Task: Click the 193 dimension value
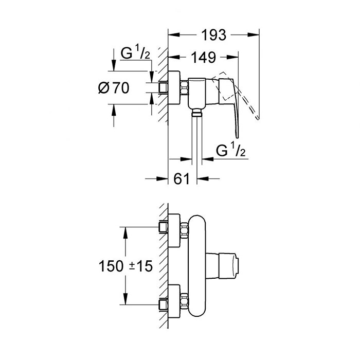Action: [214, 35]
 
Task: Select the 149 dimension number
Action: [204, 58]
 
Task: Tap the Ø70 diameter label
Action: [114, 88]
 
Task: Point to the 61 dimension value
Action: [182, 178]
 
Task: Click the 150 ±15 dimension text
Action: [125, 266]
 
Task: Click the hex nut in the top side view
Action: [184, 87]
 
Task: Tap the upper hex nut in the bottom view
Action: [184, 230]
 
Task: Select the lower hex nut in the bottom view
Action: [184, 301]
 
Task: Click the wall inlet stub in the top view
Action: [163, 87]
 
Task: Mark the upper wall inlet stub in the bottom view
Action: [163, 227]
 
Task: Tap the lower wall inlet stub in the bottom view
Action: [163, 304]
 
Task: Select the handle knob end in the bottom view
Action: [229, 266]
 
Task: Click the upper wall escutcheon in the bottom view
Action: [174, 230]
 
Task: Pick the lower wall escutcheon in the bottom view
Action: [174, 301]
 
